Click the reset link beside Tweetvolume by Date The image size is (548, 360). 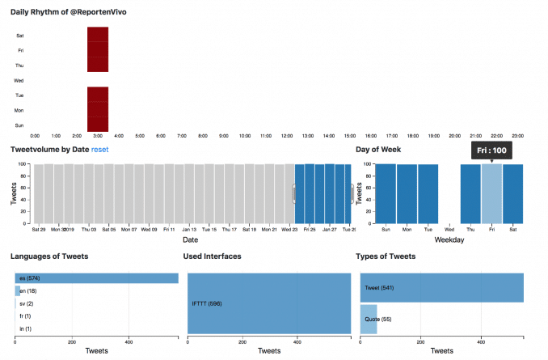100,150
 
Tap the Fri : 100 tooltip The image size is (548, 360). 491,150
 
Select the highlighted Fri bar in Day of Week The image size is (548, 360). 491,193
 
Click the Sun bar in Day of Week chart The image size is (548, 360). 386,193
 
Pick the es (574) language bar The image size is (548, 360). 96,278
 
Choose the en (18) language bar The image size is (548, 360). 18,290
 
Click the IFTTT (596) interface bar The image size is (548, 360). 269,303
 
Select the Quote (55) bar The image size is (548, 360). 369,320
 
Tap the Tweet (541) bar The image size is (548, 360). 441,287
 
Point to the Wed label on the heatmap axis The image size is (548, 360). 19,81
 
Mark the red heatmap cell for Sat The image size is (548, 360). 98,35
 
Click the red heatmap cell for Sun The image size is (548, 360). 98,125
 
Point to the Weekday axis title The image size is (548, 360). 450,239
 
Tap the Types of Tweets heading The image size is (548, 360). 386,256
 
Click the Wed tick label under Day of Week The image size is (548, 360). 449,229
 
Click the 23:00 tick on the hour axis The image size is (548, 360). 518,135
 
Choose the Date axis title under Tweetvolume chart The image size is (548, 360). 190,239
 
